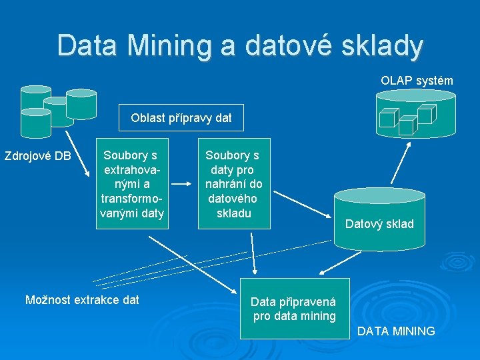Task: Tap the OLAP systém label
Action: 417,81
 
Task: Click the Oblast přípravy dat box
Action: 181,118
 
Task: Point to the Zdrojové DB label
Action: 37,157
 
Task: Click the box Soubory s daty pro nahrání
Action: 233,184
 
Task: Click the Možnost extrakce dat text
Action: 82,300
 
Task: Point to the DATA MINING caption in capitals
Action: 396,331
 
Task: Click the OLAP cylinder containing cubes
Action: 415,113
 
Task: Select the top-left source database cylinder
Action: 35,97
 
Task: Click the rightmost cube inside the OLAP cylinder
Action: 427,113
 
